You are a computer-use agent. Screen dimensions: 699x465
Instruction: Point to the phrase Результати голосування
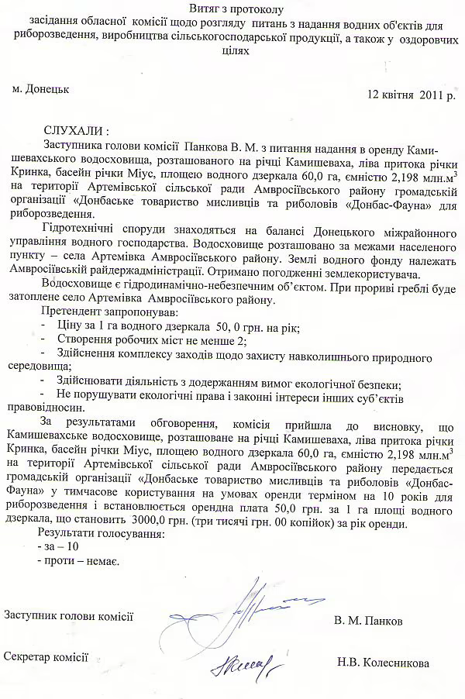tap(102, 533)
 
